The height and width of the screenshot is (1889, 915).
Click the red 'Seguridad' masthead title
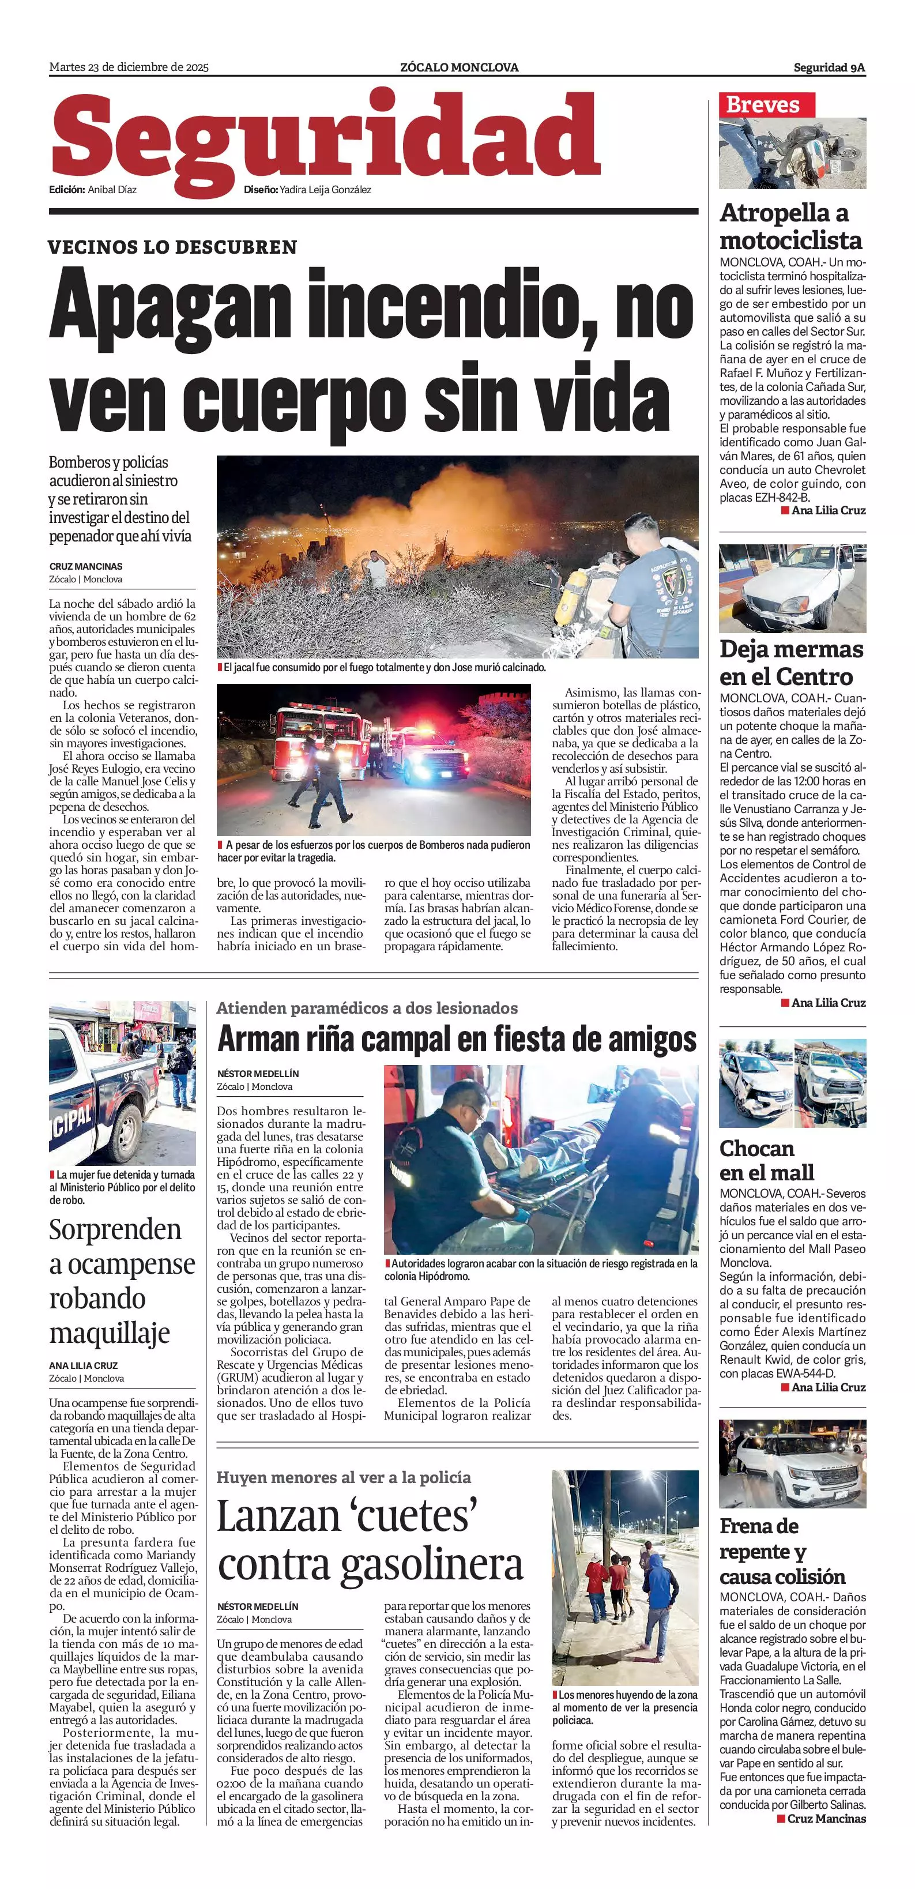pos(325,138)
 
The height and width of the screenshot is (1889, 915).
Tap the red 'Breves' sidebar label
pos(762,105)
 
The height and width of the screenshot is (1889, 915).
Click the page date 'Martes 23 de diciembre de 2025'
pos(129,67)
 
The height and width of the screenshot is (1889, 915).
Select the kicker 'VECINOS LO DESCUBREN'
pos(173,247)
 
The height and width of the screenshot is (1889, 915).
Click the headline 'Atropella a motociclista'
pos(790,227)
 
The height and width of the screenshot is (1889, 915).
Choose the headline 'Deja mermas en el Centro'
pos(791,662)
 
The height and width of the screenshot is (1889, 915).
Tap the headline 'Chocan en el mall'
pos(766,1160)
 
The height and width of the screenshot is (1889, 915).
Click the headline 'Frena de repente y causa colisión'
pos(782,1551)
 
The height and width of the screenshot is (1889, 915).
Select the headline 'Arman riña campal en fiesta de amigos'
pos(457,1039)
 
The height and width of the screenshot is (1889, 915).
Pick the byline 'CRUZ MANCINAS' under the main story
pos(86,566)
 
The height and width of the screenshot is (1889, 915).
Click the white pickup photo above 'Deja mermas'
pos(792,588)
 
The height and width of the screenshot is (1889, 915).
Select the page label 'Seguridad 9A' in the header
pos(829,67)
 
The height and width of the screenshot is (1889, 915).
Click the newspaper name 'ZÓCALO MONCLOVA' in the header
pos(459,67)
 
